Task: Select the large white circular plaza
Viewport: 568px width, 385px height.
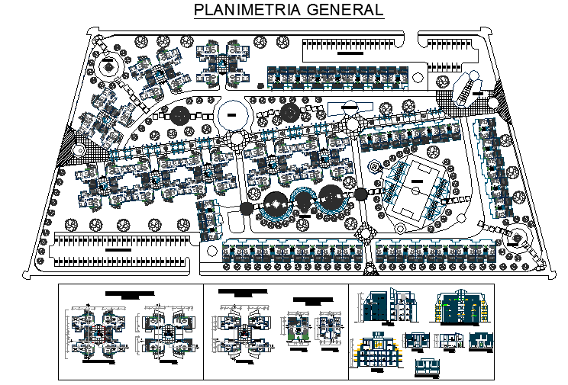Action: pos(234,115)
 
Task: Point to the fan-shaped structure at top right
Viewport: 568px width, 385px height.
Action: pos(467,89)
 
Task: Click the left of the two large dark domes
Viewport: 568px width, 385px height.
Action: pos(274,204)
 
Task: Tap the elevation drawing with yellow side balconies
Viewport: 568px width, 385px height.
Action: pos(461,307)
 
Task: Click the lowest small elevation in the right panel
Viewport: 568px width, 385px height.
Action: pos(430,367)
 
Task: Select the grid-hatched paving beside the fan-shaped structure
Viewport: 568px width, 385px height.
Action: pos(444,99)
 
